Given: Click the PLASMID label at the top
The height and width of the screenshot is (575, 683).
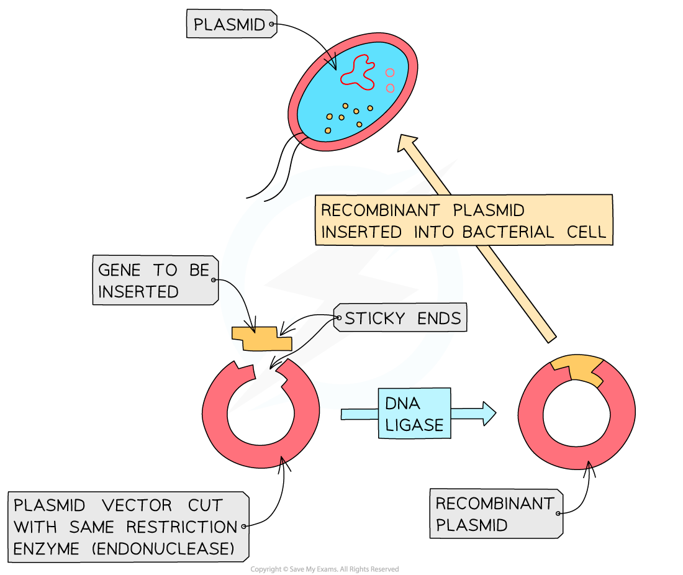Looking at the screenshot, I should click(x=230, y=25).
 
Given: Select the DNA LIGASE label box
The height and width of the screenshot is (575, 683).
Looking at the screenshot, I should click(x=414, y=414).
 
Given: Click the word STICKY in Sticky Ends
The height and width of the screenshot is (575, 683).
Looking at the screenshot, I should click(x=371, y=319).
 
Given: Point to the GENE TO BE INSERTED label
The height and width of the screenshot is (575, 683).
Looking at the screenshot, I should click(x=155, y=280).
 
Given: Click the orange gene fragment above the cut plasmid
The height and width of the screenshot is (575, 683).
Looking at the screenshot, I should click(x=261, y=338).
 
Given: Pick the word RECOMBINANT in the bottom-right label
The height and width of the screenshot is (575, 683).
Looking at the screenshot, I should click(x=495, y=504).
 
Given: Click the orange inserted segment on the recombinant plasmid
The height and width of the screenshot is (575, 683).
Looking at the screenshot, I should click(x=576, y=369).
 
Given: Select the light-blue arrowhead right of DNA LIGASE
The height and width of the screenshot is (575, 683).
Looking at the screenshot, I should click(x=489, y=413).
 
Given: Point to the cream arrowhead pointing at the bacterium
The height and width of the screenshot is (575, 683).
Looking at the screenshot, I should click(x=408, y=144).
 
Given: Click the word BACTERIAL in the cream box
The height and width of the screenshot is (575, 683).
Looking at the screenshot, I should click(x=508, y=232).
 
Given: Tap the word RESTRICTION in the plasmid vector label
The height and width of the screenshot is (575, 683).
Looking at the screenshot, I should click(x=181, y=527).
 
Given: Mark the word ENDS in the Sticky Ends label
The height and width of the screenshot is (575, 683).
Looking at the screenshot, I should click(x=439, y=319).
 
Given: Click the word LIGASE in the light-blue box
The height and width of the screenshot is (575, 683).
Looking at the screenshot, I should click(x=414, y=425).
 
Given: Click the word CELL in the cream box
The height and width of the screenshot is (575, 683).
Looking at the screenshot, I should click(x=586, y=232).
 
